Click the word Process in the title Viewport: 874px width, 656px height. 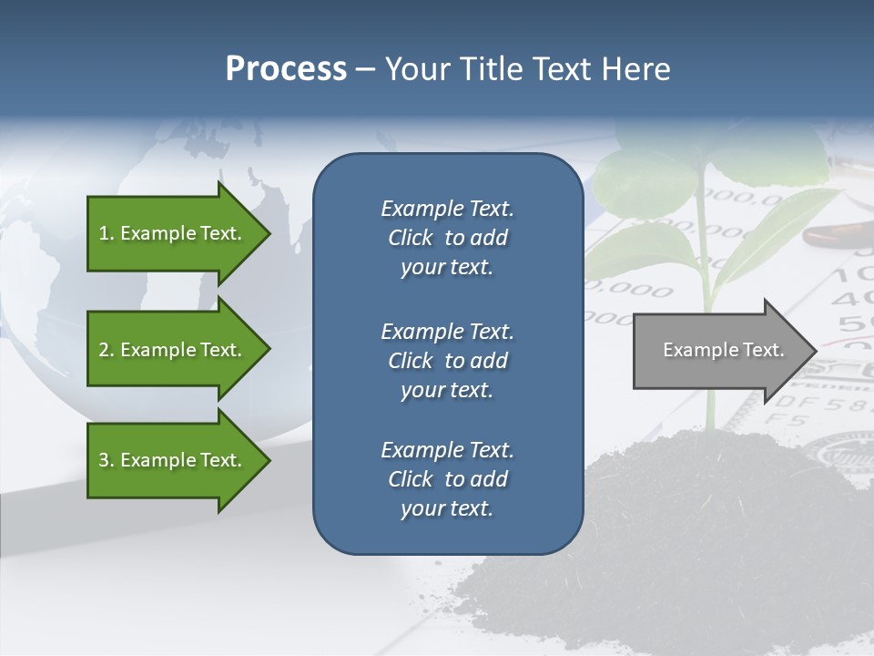286,69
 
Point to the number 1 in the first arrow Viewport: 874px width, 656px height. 103,233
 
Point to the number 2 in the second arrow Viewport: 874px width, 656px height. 103,350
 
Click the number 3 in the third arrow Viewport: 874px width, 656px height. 103,460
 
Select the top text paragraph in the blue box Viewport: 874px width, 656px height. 448,238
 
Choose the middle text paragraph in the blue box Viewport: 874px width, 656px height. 448,360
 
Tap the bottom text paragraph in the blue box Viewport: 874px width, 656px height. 448,479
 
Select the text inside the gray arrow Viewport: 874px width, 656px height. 723,350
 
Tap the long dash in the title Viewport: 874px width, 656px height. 365,69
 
